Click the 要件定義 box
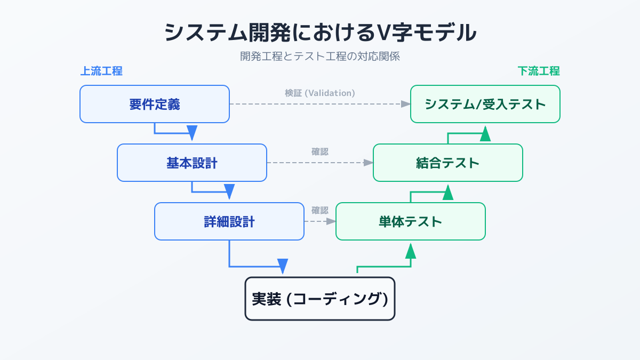click(155, 104)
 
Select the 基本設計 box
click(192, 163)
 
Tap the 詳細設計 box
click(229, 221)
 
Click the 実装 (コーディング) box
click(320, 299)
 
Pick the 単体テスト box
click(411, 221)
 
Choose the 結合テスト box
click(448, 163)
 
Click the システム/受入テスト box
click(485, 104)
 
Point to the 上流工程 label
click(101, 71)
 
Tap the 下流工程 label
click(539, 71)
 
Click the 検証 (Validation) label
click(320, 93)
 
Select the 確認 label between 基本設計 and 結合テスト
click(320, 151)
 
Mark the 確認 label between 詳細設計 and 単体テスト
click(320, 210)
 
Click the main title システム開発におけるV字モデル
click(320, 33)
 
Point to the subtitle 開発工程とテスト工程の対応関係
click(320, 56)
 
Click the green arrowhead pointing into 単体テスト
click(411, 251)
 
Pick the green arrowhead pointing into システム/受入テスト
click(485, 133)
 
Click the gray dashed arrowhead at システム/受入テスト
click(406, 104)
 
